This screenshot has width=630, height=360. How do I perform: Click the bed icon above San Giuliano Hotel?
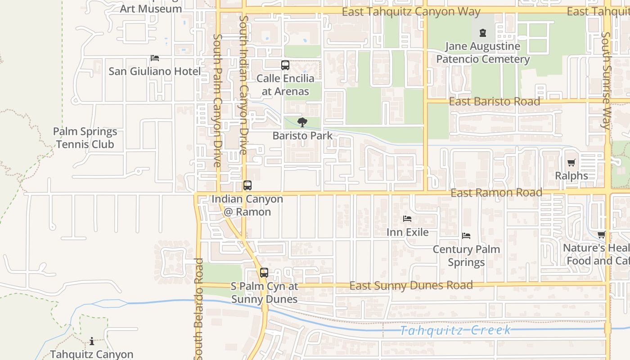click(155, 58)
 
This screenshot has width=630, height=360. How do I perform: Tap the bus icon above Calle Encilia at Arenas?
click(285, 65)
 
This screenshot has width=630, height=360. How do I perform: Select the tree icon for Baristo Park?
click(303, 122)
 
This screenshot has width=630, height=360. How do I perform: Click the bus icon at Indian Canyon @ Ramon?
click(247, 185)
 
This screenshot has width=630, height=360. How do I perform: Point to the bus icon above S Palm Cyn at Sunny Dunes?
click(264, 272)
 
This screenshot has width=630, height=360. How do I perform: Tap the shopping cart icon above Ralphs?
click(571, 162)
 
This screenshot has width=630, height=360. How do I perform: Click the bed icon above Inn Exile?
click(407, 219)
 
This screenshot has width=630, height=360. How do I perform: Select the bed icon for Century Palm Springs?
click(466, 236)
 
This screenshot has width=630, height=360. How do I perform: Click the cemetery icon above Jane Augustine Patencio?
click(483, 33)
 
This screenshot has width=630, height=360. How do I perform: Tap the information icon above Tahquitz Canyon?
click(92, 341)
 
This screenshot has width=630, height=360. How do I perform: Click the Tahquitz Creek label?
click(455, 331)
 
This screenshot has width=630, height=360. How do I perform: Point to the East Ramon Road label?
click(496, 193)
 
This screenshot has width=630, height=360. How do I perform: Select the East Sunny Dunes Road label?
click(411, 285)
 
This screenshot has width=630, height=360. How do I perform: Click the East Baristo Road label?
click(495, 101)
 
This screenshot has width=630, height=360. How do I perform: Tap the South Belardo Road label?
click(199, 309)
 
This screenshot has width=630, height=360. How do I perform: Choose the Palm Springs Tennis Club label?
click(85, 138)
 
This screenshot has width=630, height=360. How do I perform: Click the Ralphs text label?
click(571, 175)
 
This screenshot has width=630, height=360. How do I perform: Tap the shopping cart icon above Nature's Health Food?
click(602, 235)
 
